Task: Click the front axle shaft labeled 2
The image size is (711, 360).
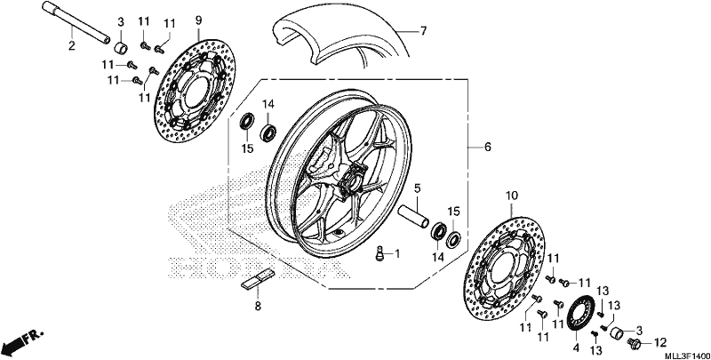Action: (76, 23)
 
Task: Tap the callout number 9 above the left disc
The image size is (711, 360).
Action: (198, 20)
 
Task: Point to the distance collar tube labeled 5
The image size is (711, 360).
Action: (413, 216)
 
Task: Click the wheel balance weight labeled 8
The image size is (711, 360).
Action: (257, 278)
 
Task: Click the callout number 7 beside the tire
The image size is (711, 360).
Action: (423, 31)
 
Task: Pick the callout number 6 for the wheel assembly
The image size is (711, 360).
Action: (487, 147)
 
